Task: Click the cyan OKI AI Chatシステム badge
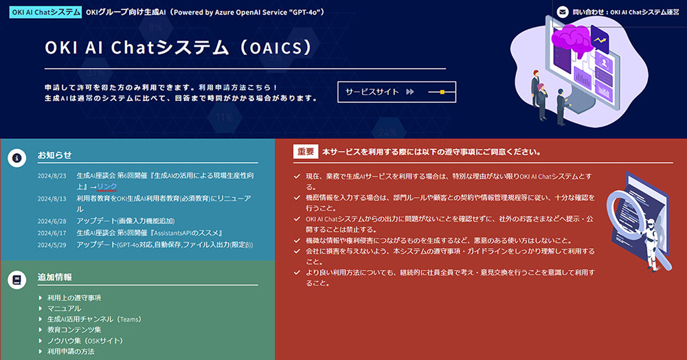click(x=45, y=12)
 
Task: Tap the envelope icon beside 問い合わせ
click(x=563, y=12)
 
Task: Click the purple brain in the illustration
click(x=572, y=39)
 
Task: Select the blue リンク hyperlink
click(x=107, y=187)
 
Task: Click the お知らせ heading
click(x=54, y=155)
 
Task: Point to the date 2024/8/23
click(x=52, y=176)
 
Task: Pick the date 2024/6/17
click(x=52, y=234)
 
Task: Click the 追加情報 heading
click(x=54, y=278)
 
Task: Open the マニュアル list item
click(x=64, y=308)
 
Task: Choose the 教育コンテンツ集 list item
click(x=74, y=330)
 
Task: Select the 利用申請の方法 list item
click(x=71, y=351)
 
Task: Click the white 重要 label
click(x=306, y=152)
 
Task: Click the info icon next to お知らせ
click(x=16, y=157)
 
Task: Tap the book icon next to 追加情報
click(x=16, y=280)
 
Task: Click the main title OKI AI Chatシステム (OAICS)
click(x=179, y=47)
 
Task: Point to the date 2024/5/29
click(x=52, y=245)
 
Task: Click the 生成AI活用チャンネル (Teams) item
click(x=95, y=319)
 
